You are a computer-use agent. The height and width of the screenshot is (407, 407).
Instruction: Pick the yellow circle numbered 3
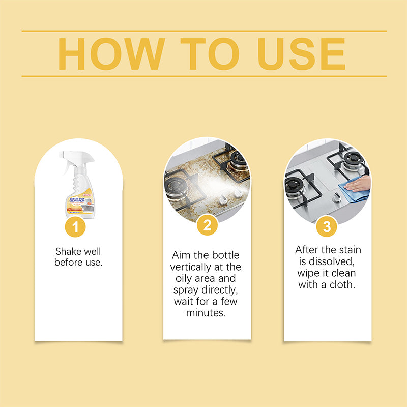(327, 226)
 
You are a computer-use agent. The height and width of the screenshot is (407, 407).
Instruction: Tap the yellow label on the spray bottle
(79, 201)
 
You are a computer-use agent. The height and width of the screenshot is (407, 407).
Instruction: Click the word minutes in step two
(207, 313)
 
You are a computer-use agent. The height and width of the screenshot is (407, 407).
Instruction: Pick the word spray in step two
(188, 290)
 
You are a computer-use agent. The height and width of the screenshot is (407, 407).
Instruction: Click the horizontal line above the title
(203, 31)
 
